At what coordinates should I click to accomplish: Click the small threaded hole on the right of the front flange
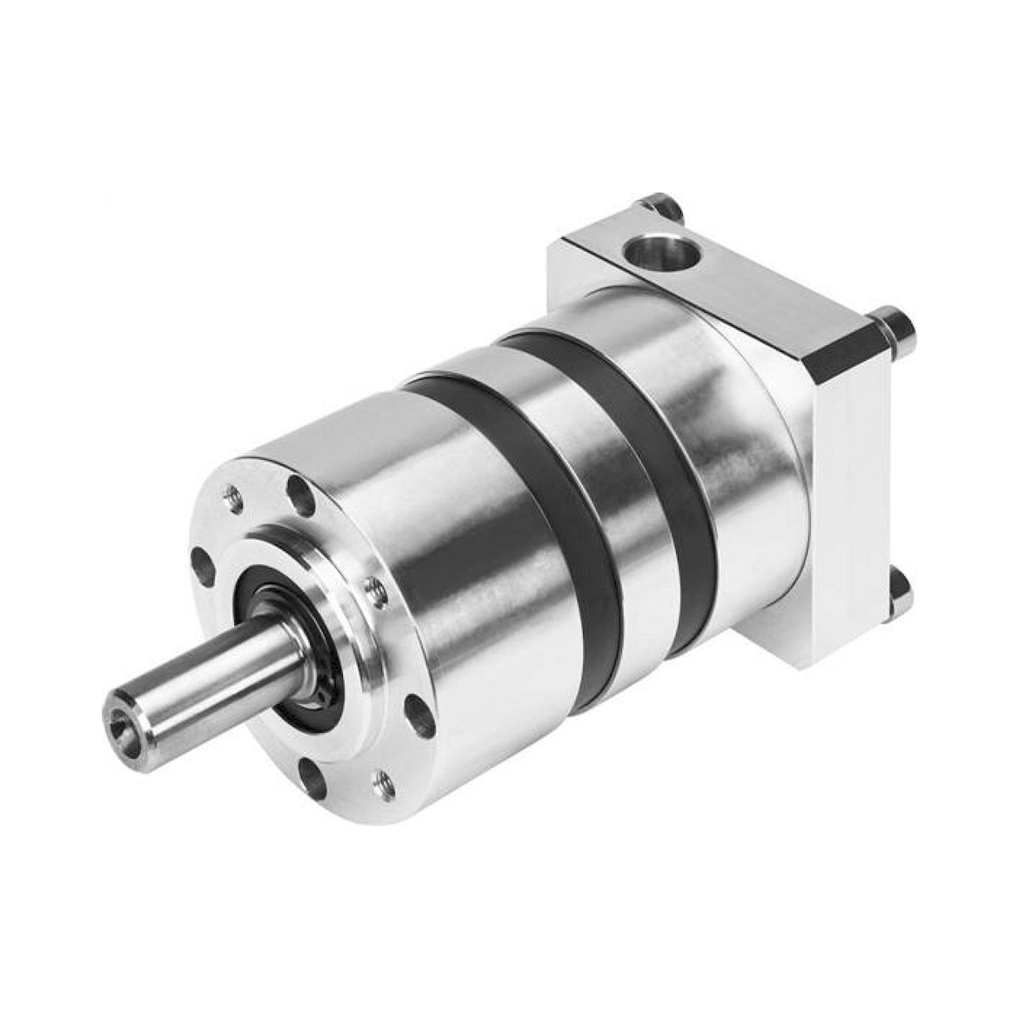(375, 591)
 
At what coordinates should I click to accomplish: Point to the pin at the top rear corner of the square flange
(662, 207)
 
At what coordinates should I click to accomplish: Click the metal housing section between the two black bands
(585, 475)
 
